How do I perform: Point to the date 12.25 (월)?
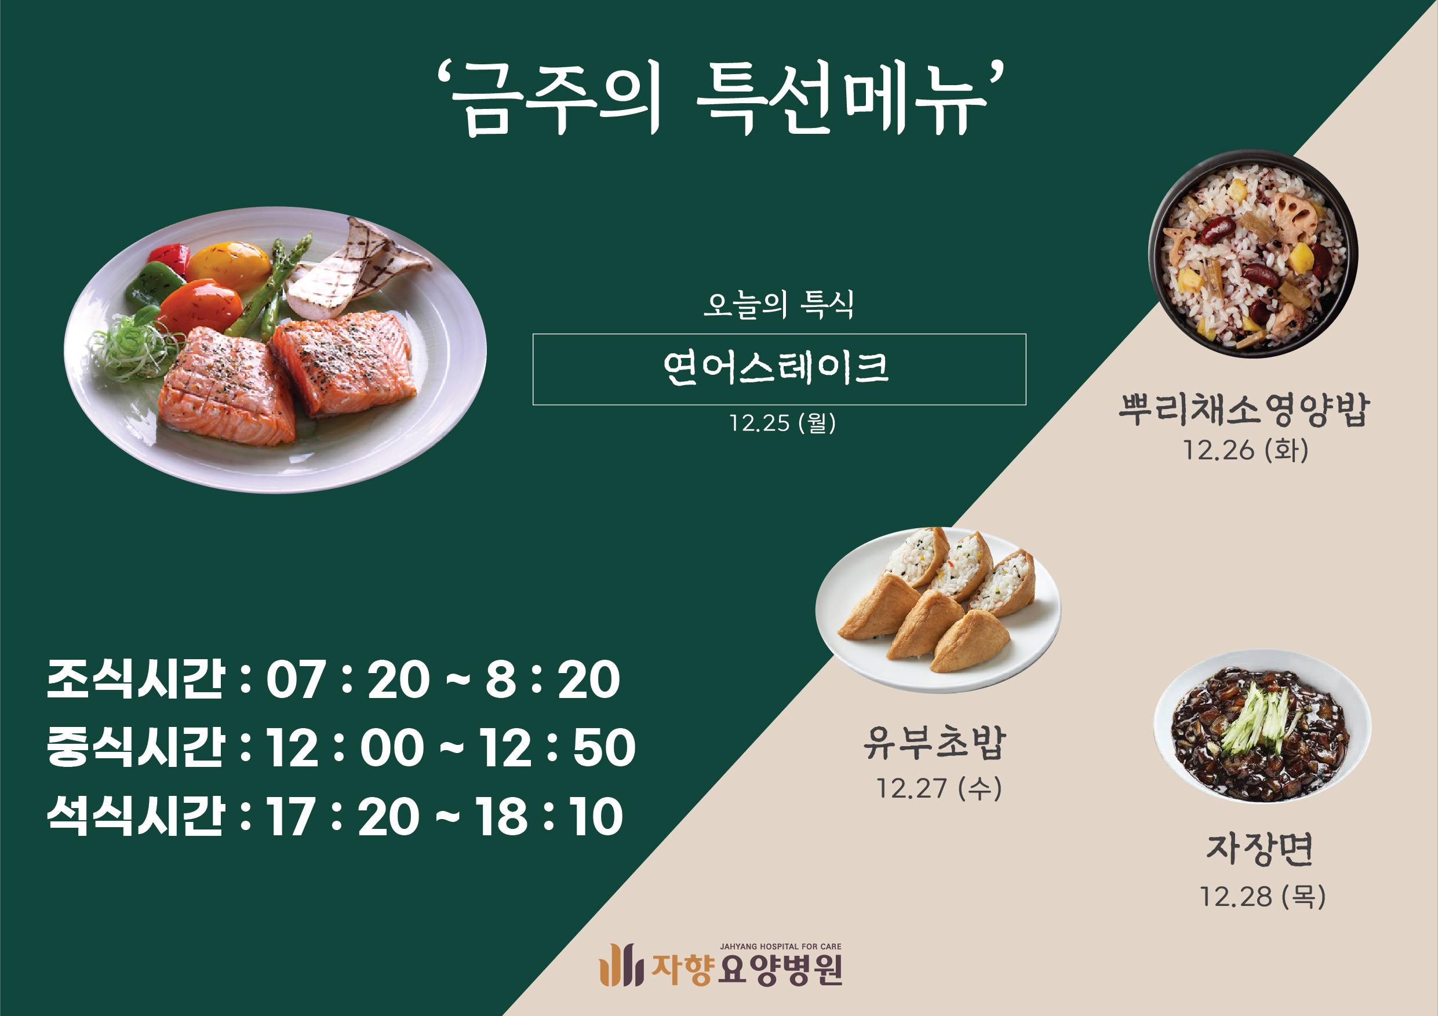pos(782,422)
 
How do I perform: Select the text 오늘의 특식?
pos(778,305)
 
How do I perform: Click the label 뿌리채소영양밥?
pos(1244,410)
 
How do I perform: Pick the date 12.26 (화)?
pos(1245,450)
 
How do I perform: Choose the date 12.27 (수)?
pos(938,788)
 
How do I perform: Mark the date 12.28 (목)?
pos(1262,897)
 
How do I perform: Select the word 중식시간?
pos(135,746)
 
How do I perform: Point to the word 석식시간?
pos(135,815)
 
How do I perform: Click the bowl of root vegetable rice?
pos(1253,254)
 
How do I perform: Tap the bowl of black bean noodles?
pos(1262,726)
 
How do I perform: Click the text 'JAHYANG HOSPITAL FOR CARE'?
pos(780,946)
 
